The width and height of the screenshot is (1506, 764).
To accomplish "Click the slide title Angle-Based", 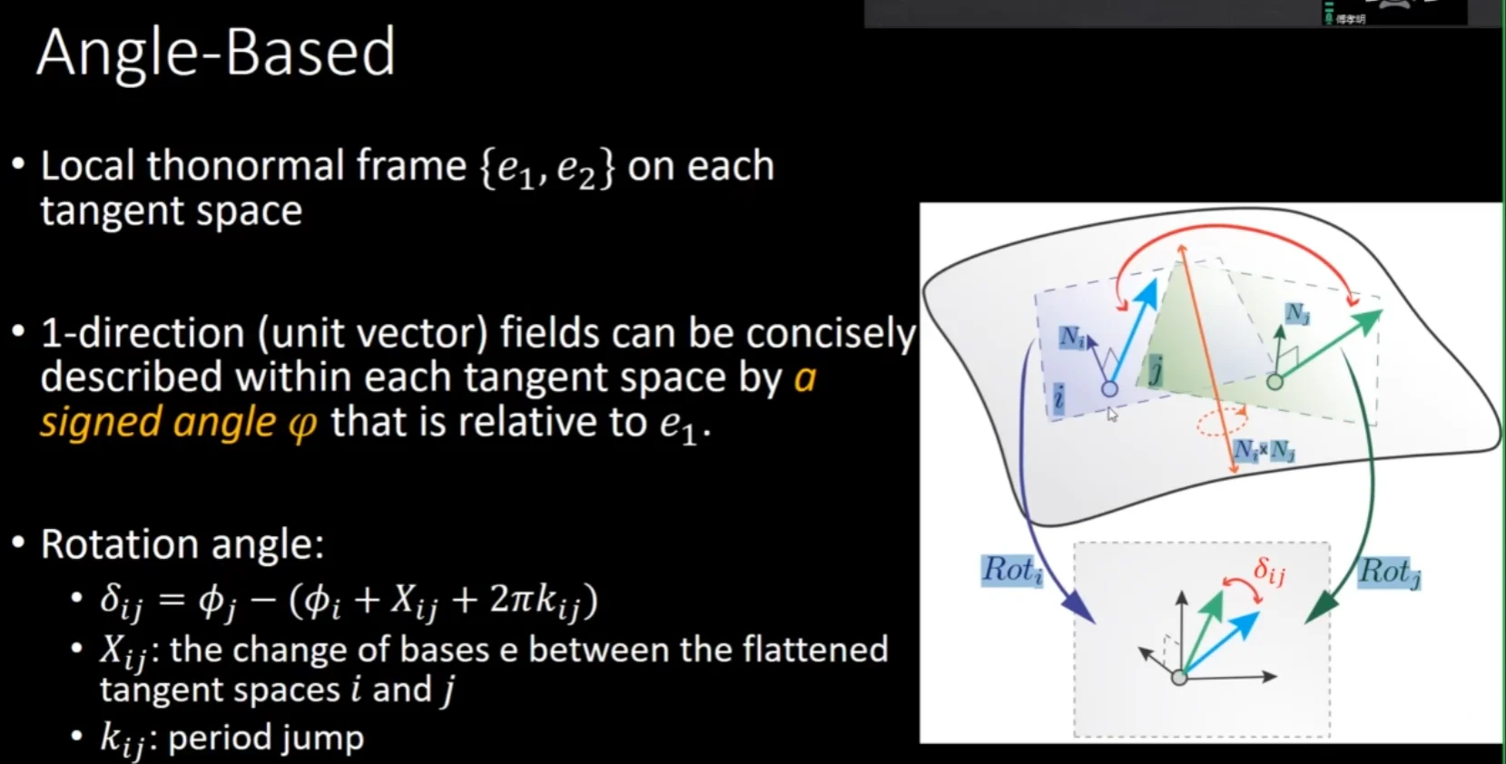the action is [216, 54].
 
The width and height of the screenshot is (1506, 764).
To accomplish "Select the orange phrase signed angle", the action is [158, 423].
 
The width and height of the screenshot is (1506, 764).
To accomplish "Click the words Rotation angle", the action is [182, 544].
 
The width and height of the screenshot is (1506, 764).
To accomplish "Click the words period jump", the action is [266, 738].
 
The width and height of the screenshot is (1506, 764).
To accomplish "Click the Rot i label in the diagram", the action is [1012, 571].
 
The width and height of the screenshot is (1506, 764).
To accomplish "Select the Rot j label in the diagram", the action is [1390, 573].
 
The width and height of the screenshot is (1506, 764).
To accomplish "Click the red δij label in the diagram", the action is [1269, 572].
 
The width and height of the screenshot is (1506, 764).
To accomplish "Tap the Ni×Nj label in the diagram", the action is [1264, 451].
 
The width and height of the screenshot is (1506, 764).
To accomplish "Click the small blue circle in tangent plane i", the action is [1109, 388].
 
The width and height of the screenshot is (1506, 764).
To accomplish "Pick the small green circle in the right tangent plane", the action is [1275, 382].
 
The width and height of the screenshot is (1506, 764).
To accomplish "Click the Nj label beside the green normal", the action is [1297, 313].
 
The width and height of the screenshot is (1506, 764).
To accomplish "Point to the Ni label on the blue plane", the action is [1072, 337].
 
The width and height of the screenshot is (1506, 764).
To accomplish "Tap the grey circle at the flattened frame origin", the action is [1179, 678].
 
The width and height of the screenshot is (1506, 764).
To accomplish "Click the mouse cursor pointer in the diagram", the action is [1112, 415].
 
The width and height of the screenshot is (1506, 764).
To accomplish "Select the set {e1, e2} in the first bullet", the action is [546, 167].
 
